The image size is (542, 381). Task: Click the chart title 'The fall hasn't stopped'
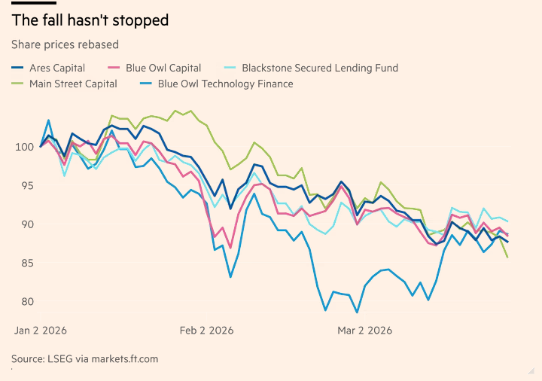point(90,20)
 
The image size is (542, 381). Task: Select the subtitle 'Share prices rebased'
point(65,44)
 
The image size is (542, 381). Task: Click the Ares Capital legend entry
point(57,68)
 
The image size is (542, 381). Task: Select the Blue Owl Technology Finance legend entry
point(225,84)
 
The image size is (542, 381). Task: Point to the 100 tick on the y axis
point(25,147)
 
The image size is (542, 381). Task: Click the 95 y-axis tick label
point(25,185)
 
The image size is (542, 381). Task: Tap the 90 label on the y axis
point(25,224)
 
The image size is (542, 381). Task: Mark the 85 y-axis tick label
point(25,263)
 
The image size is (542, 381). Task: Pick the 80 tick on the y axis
point(25,302)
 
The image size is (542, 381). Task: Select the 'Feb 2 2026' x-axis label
point(207,331)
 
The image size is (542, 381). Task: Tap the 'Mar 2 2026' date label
point(365,331)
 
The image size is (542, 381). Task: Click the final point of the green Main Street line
point(507,258)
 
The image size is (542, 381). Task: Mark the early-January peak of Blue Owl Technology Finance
point(49,120)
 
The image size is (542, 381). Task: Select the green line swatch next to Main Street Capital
point(18,84)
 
